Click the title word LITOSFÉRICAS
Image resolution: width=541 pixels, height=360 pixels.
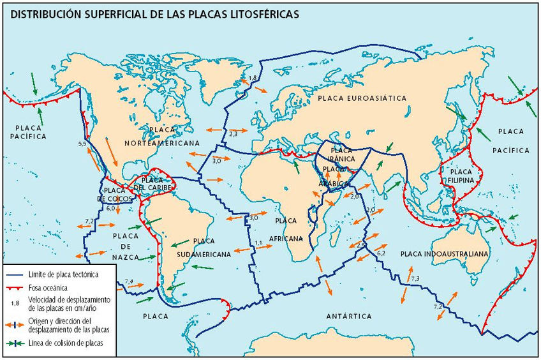click(x=263, y=13)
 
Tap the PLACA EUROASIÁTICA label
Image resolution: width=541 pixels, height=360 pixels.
click(x=362, y=98)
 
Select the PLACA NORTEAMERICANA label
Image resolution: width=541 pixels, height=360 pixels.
click(x=163, y=137)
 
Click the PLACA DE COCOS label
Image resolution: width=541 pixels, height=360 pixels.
click(x=115, y=195)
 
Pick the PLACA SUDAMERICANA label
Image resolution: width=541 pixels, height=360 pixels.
click(x=204, y=248)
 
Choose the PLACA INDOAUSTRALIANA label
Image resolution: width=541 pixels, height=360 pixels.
click(x=445, y=254)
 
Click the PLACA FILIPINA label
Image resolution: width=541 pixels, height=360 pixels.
click(x=461, y=176)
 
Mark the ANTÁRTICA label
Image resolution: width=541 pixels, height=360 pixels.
click(x=348, y=316)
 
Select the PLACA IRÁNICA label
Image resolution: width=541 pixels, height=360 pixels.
click(x=342, y=154)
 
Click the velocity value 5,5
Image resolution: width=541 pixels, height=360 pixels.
click(x=82, y=144)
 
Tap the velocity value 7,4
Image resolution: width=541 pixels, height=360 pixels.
click(x=129, y=281)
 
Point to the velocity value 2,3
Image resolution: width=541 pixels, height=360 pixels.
click(x=233, y=133)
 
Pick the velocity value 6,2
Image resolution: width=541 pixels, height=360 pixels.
click(x=381, y=254)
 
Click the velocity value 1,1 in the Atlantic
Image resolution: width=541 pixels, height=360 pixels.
click(x=258, y=243)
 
